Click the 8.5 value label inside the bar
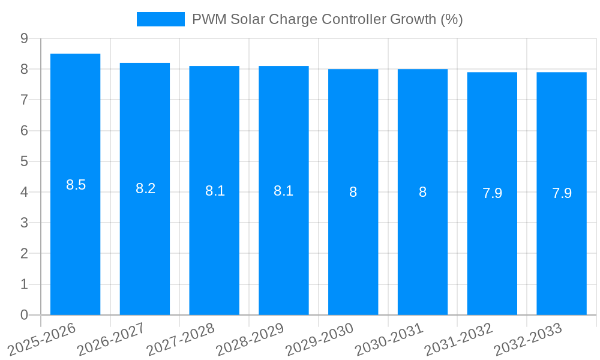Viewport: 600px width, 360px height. click(76, 185)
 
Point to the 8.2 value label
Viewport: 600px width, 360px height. click(145, 188)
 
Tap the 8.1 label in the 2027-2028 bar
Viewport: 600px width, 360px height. click(215, 191)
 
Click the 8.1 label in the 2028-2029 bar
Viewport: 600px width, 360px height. click(283, 191)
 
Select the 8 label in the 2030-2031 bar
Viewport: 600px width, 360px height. click(422, 192)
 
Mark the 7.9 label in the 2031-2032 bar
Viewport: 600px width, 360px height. click(492, 193)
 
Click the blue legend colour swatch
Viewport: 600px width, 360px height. click(160, 19)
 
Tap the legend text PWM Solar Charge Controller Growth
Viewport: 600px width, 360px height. click(327, 19)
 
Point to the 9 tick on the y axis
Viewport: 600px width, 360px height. click(24, 38)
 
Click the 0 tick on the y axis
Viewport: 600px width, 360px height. click(24, 315)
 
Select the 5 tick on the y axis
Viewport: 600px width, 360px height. click(24, 161)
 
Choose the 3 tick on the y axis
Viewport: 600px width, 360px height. click(24, 223)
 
